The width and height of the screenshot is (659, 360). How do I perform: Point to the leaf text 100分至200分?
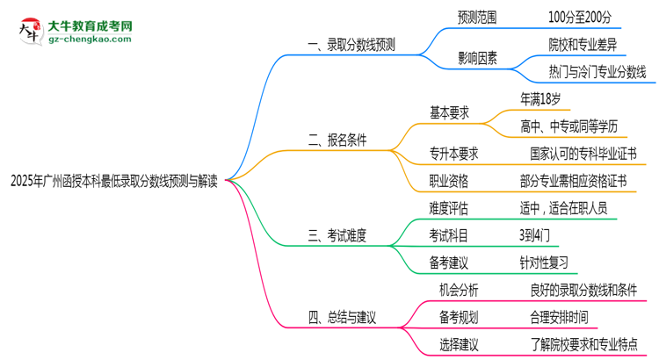click(x=580, y=16)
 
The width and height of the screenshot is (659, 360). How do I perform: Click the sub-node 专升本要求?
click(x=453, y=154)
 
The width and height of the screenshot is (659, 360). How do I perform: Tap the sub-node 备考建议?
click(x=448, y=262)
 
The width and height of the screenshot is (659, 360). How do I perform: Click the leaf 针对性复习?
click(x=544, y=262)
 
